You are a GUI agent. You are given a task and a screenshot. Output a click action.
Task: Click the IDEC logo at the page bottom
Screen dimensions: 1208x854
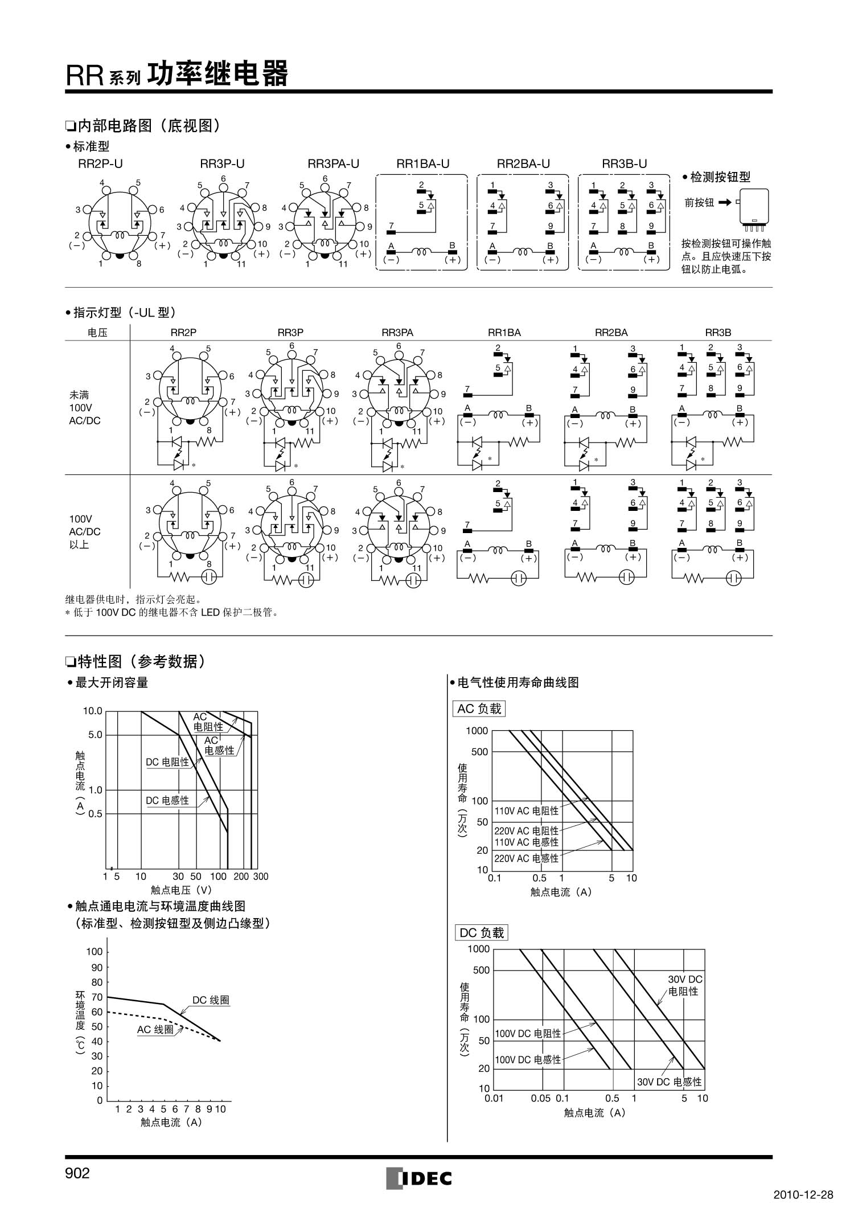[419, 1178]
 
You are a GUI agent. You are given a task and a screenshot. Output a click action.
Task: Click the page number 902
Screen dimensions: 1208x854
[77, 1173]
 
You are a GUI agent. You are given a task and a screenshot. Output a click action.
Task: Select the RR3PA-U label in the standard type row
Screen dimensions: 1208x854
[333, 164]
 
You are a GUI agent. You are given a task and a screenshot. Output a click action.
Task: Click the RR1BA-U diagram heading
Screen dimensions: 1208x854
[422, 164]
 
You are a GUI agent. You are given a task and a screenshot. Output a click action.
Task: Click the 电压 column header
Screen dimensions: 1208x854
[97, 333]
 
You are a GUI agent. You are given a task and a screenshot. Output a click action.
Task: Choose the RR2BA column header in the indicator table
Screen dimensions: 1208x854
[611, 333]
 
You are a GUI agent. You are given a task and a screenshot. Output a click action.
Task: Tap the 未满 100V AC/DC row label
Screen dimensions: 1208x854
[80, 408]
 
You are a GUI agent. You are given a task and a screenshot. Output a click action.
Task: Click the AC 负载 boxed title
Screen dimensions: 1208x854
[479, 709]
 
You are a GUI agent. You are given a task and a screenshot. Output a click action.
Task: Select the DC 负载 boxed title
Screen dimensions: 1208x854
[482, 932]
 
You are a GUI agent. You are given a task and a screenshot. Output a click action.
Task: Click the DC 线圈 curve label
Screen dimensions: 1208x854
[211, 1000]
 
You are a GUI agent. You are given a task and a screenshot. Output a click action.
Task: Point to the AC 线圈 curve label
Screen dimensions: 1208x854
[155, 1029]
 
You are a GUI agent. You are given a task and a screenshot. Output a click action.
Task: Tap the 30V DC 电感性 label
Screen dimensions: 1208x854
[669, 1082]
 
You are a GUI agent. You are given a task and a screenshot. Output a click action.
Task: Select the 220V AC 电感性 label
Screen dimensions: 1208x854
[526, 858]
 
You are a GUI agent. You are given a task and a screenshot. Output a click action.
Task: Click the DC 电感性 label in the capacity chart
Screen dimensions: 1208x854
[167, 800]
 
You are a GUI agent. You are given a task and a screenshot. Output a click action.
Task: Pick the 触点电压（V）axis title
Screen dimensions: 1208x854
[182, 889]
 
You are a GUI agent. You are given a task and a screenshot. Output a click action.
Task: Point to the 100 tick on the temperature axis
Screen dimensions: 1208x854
[95, 952]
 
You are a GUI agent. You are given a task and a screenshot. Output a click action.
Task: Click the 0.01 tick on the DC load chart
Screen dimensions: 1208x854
[494, 1098]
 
